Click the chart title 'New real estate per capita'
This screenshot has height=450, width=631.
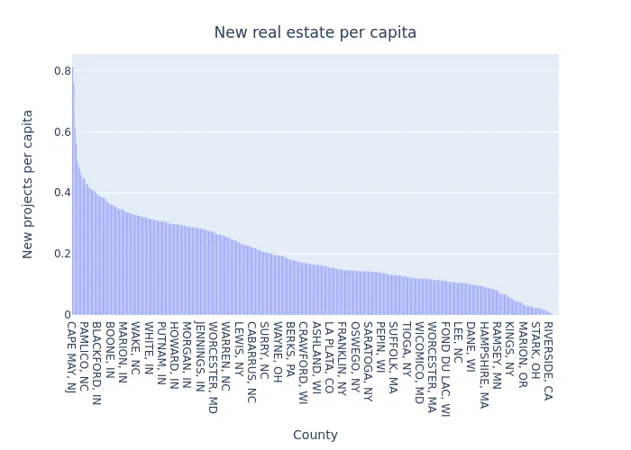(x=315, y=32)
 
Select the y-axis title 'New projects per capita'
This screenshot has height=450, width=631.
(x=28, y=184)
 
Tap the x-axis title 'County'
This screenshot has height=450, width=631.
(x=315, y=435)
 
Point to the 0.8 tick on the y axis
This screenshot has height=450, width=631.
(x=62, y=71)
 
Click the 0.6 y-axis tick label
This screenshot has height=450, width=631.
(x=62, y=131)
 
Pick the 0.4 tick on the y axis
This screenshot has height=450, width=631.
(x=62, y=193)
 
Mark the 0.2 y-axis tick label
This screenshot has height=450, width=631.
(x=62, y=254)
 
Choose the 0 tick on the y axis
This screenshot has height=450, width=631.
(x=67, y=314)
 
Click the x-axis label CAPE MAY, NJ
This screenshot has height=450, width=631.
(x=71, y=356)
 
